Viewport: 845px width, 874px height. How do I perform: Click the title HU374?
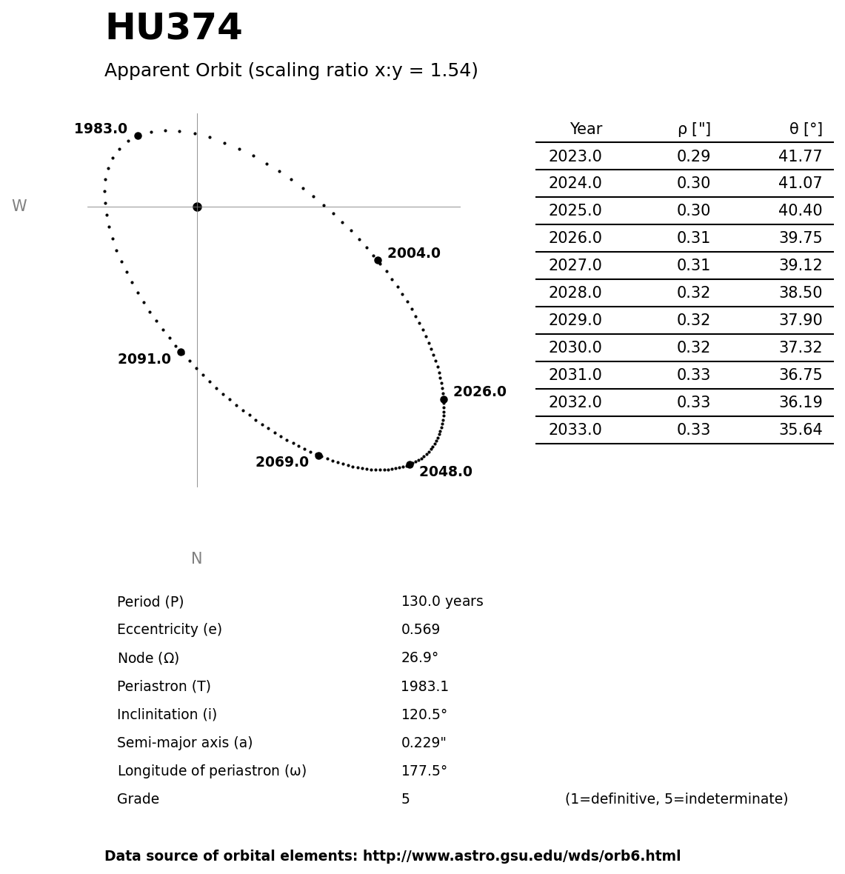coord(173,29)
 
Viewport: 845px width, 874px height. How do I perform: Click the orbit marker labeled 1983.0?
coord(138,136)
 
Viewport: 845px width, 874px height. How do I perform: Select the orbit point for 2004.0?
coord(378,260)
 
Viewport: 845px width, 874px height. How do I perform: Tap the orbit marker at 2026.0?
coord(444,399)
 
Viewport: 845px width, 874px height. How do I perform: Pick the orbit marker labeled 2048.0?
coord(410,464)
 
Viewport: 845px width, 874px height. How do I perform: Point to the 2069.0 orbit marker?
coord(318,456)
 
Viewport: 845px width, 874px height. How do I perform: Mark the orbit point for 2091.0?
coord(181,352)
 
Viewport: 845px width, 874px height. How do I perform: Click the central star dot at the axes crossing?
coord(197,207)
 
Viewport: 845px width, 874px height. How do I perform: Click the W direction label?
coord(19,207)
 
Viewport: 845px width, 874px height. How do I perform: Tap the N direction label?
coord(196,558)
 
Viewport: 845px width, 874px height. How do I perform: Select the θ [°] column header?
coord(805,130)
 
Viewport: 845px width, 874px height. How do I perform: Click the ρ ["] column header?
coord(693,130)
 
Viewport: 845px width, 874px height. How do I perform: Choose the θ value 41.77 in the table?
coord(800,157)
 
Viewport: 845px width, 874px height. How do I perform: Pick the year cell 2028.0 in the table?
coord(575,293)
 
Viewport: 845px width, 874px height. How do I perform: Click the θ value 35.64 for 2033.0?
coord(800,430)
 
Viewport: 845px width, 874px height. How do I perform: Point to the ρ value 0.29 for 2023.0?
coord(693,157)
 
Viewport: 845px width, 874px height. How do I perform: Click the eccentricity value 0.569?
coord(421,630)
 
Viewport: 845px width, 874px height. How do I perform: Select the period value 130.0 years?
coord(442,602)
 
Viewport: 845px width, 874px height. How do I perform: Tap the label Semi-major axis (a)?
coord(184,743)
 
